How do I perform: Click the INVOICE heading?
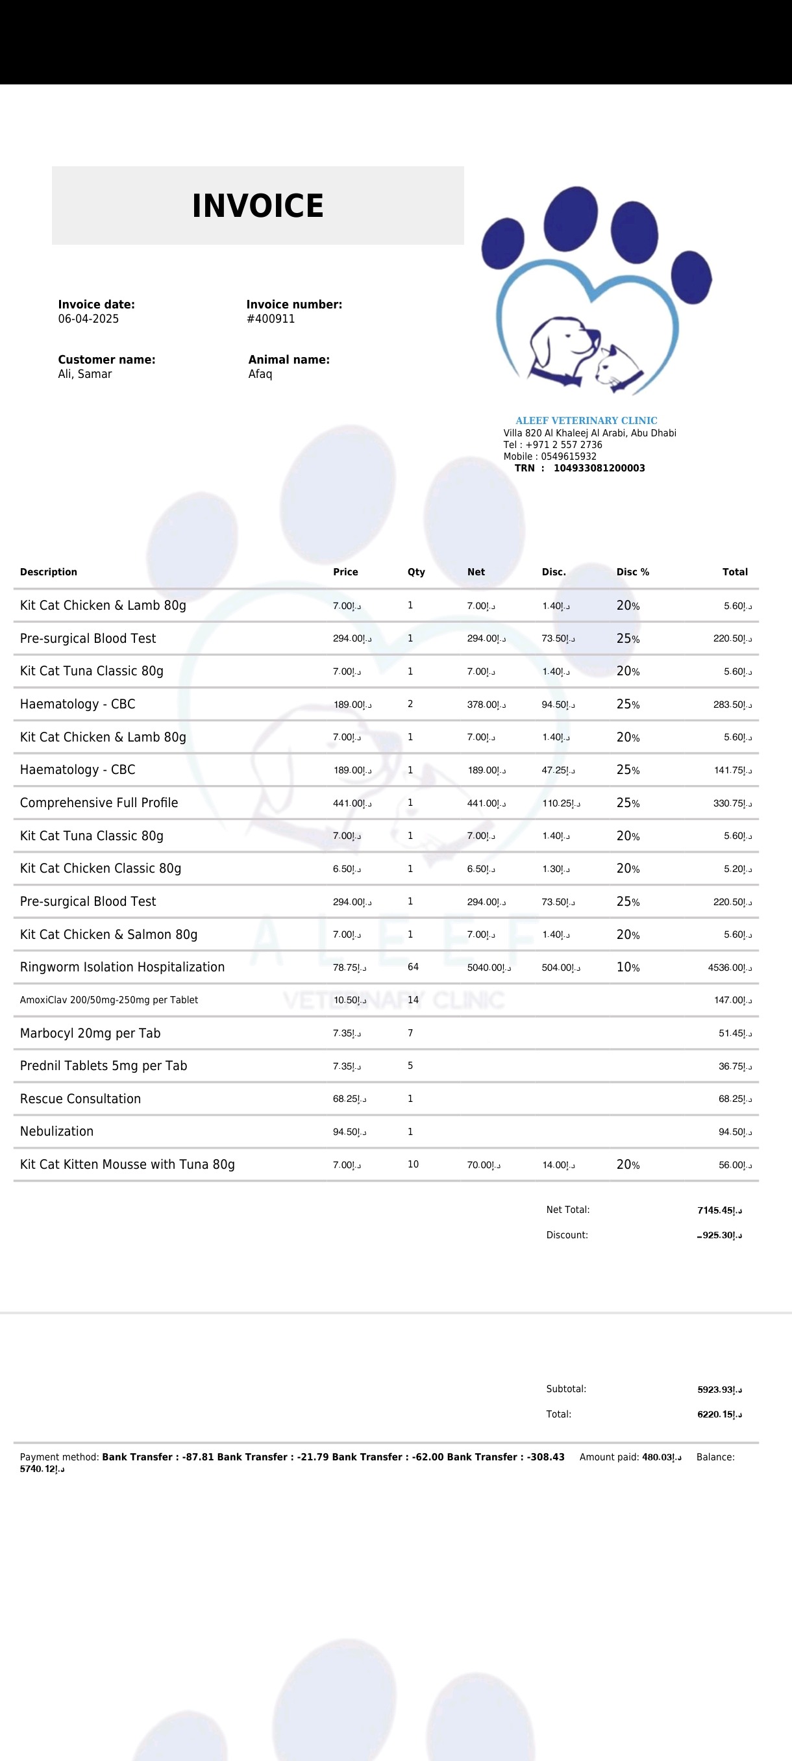click(x=258, y=206)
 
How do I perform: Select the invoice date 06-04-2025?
click(x=88, y=319)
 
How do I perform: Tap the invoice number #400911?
click(x=271, y=319)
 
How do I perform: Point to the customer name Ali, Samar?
click(x=85, y=375)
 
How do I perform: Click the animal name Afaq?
click(x=260, y=375)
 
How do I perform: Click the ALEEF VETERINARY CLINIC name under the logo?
click(x=586, y=420)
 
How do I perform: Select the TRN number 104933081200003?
click(x=599, y=468)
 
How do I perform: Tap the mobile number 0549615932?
click(x=569, y=456)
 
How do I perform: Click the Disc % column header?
click(x=633, y=572)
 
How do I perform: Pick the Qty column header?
click(x=416, y=572)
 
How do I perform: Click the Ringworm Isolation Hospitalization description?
click(x=122, y=968)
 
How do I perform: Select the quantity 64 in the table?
click(x=413, y=968)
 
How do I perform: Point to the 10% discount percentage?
click(x=628, y=968)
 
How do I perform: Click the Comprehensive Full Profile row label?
click(x=99, y=803)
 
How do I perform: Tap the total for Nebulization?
click(x=735, y=1132)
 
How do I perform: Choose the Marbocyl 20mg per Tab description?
click(x=90, y=1033)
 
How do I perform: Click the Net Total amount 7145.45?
click(x=719, y=1210)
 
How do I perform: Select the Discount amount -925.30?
click(x=719, y=1236)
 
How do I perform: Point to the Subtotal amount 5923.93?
click(x=719, y=1390)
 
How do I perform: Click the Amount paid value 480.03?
click(x=662, y=1458)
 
